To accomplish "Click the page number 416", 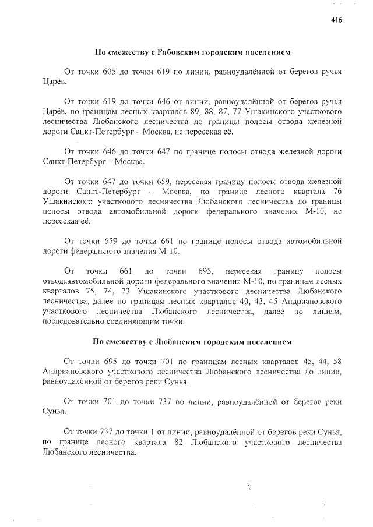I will pyautogui.click(x=336, y=20).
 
